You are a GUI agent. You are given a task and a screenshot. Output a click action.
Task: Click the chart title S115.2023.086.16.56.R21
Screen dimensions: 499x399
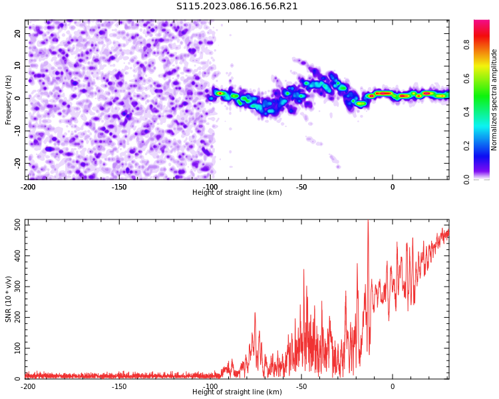point(237,7)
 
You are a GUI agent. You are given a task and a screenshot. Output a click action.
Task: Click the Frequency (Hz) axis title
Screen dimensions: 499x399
point(8,100)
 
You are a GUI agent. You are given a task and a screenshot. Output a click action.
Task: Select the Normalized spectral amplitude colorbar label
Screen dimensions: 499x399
point(494,100)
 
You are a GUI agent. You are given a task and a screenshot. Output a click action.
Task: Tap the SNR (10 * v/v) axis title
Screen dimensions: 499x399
point(8,299)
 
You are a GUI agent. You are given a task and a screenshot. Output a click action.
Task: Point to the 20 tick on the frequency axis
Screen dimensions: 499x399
point(18,33)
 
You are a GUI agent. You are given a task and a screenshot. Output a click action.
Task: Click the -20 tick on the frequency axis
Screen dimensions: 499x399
point(18,164)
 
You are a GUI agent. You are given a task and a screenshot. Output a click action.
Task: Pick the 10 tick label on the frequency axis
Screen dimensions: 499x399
point(18,66)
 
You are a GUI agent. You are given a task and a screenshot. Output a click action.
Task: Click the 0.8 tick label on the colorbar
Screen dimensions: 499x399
point(466,45)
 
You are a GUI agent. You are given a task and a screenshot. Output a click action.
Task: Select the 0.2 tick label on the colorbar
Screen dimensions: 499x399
point(466,146)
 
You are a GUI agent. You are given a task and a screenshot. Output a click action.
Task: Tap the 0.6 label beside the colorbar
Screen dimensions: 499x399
point(466,78)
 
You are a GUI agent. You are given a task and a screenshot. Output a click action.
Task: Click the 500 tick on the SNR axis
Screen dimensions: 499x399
point(18,225)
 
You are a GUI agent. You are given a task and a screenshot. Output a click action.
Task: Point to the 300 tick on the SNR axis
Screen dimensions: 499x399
point(18,287)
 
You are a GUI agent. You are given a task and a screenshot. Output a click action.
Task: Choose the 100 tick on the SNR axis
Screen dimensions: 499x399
point(18,348)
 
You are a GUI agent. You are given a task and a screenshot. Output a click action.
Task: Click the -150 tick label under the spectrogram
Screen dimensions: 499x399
point(118,187)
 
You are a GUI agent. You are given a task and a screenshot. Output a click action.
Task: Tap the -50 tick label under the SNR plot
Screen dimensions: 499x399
point(301,386)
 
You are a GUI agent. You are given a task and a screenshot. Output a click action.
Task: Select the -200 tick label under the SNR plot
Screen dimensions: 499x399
point(28,386)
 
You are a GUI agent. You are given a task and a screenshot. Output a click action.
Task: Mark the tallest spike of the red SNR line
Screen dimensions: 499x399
point(368,221)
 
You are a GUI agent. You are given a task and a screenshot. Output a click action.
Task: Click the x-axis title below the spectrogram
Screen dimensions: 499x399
point(237,192)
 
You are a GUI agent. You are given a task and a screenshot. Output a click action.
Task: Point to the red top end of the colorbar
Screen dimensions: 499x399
point(482,21)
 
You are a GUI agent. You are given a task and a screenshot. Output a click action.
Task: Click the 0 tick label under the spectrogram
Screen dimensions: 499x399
point(393,187)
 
